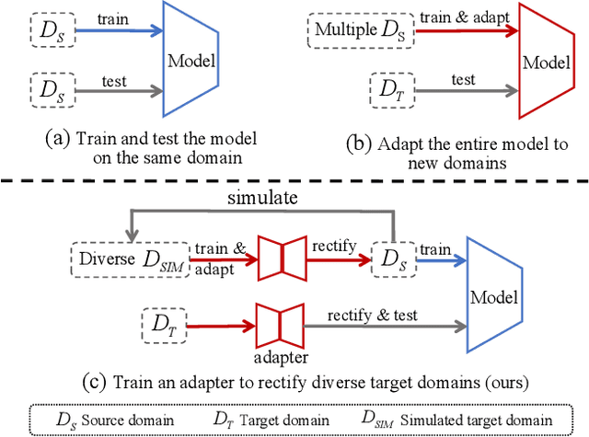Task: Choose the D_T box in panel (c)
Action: [162, 324]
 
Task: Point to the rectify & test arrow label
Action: [373, 315]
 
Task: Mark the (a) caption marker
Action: [58, 140]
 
